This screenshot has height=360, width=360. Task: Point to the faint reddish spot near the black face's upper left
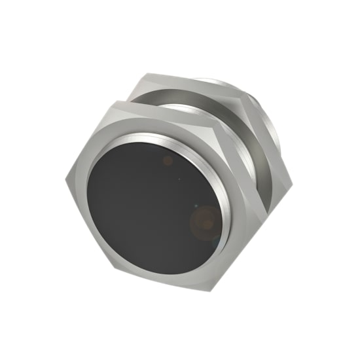click(168, 159)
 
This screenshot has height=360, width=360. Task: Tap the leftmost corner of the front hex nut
click(66, 179)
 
